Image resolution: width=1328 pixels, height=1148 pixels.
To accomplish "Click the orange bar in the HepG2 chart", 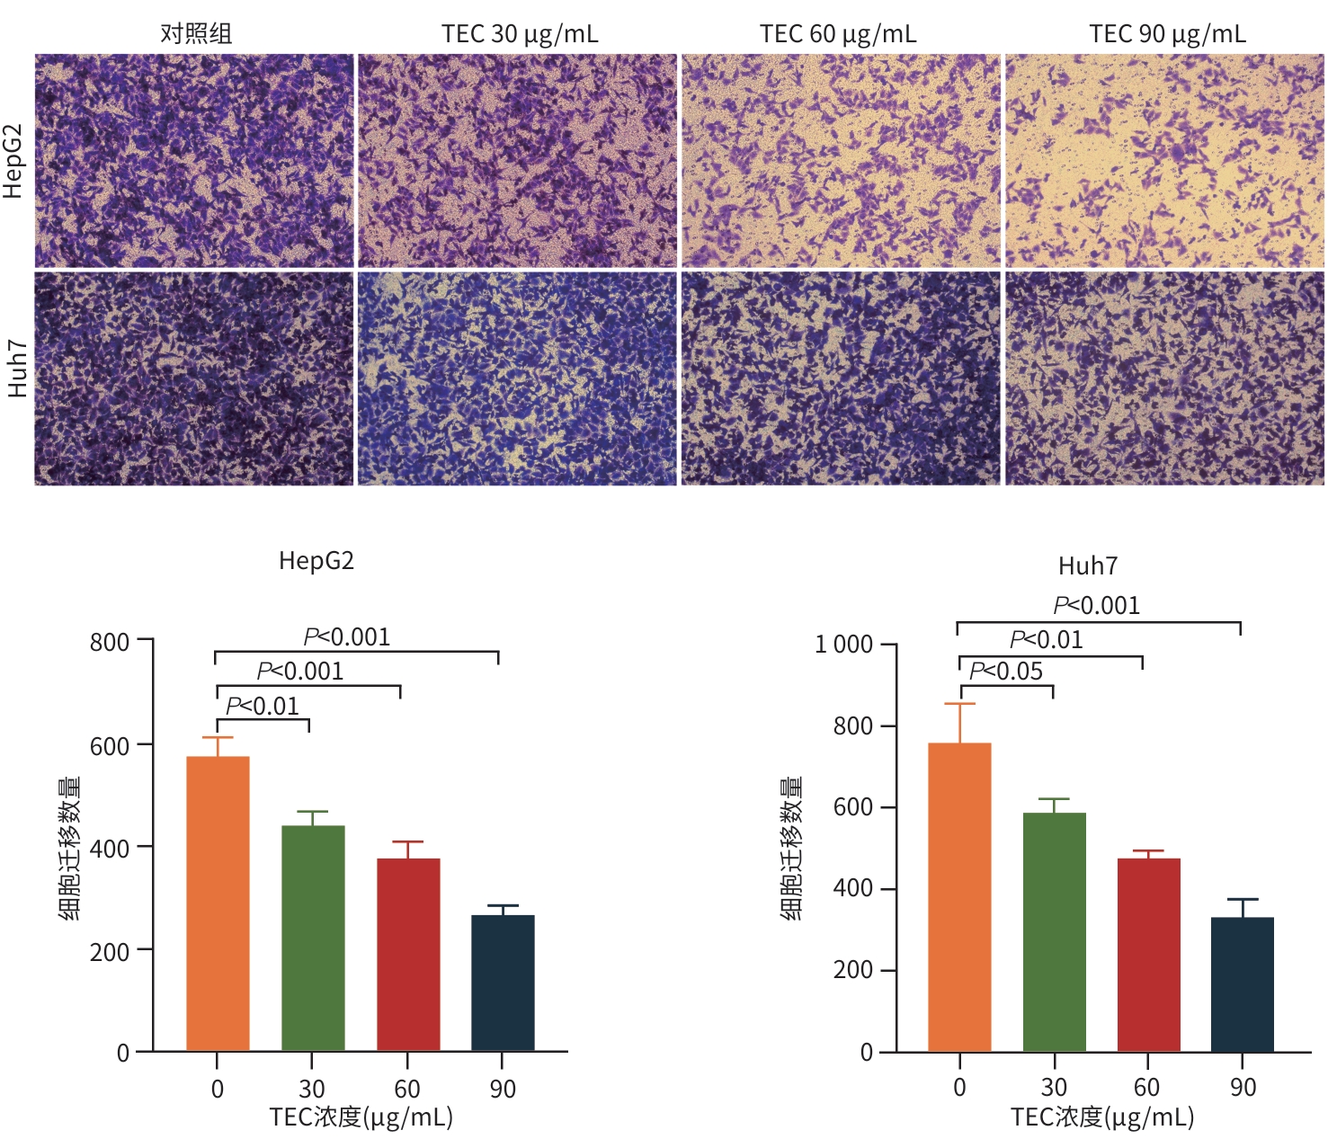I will click(x=218, y=903).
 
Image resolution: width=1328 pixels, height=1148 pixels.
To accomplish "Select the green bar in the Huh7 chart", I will click(x=1054, y=931).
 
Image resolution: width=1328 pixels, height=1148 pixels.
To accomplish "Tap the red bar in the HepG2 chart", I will click(x=408, y=954).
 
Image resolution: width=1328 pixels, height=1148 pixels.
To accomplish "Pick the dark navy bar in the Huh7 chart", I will click(x=1243, y=983).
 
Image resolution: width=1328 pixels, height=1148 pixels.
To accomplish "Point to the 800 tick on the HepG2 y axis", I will click(x=110, y=642).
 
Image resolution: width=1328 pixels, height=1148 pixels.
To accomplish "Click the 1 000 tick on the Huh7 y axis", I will click(x=843, y=645).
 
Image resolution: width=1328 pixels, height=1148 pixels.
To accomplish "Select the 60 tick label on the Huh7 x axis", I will click(x=1146, y=1088).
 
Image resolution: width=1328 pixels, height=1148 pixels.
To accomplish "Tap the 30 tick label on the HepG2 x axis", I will click(x=311, y=1090).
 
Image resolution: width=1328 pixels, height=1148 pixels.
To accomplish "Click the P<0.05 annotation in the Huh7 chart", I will click(x=1006, y=672).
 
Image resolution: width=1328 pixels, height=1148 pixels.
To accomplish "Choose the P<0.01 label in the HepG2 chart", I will click(x=263, y=707).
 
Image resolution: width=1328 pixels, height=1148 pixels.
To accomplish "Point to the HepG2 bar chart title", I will click(x=316, y=561).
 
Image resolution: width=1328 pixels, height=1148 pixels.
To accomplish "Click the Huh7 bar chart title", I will click(x=1088, y=566).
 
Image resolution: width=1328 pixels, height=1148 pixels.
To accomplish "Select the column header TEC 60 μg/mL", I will click(x=838, y=34).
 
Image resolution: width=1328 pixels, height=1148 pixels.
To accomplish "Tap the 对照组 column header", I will click(x=196, y=34).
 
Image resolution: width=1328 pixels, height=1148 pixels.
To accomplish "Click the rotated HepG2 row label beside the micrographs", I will click(x=13, y=161).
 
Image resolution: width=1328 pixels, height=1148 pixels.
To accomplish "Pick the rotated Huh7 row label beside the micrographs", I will click(x=16, y=369).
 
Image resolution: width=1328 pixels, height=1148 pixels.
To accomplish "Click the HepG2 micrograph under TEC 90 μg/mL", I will click(x=1164, y=161).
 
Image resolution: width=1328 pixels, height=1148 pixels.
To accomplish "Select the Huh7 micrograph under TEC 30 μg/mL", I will click(x=517, y=378).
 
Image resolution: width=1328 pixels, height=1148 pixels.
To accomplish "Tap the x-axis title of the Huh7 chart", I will click(x=1102, y=1117).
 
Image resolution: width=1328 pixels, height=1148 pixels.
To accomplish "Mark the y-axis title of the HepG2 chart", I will click(x=70, y=848).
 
